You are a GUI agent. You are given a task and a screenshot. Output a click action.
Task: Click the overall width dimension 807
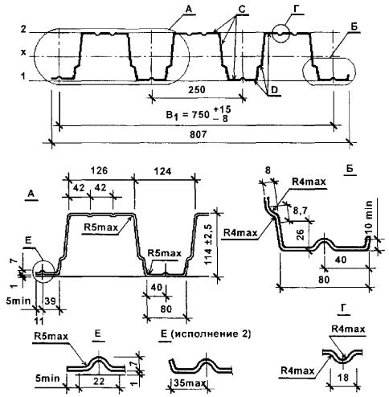[x=199, y=134]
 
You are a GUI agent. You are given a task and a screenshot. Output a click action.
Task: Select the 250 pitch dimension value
[x=197, y=89]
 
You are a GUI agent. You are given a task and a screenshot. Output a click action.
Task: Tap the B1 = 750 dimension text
[x=199, y=114]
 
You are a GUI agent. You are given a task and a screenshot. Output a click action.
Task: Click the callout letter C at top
[x=242, y=10]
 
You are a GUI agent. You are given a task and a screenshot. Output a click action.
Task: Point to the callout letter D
[x=274, y=91]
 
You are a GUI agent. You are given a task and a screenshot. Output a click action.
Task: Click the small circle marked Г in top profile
[x=280, y=34]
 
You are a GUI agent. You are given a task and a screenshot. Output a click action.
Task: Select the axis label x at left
[x=24, y=53]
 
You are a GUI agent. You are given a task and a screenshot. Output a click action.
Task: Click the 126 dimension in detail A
[x=99, y=170]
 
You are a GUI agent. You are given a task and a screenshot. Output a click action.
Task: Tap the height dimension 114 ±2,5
[x=210, y=244]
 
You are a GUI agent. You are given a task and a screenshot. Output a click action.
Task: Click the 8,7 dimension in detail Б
[x=300, y=211]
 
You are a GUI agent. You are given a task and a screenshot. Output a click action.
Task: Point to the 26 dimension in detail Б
[x=301, y=234]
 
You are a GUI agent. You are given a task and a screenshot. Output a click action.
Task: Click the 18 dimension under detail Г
[x=343, y=377]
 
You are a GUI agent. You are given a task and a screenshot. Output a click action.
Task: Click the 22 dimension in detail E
[x=99, y=381]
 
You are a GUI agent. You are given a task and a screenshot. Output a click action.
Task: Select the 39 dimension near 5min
[x=50, y=301]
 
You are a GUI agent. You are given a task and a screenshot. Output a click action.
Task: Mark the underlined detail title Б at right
[x=350, y=169]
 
